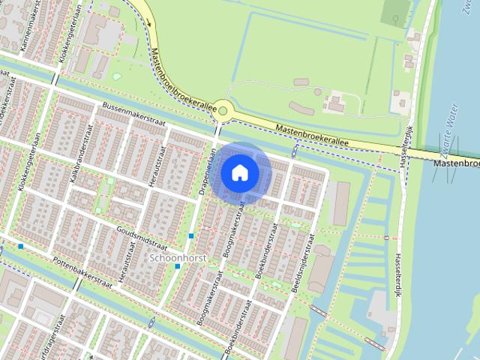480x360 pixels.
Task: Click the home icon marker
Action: pos(239,172)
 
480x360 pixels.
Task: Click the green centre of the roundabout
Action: pos(222,110)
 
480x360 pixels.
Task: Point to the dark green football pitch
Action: pos(395,11)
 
